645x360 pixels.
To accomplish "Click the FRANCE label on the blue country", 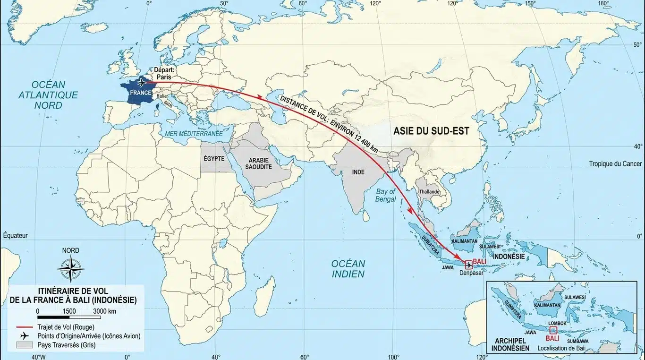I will point(141,94).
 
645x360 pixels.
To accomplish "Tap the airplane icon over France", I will point(141,83).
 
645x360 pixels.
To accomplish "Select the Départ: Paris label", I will point(165,73).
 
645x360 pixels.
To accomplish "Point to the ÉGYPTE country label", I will point(213,159).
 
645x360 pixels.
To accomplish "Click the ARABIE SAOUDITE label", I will point(258,164).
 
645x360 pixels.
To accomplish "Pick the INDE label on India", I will point(358,172).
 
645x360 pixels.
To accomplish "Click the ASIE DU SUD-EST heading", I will point(431,132).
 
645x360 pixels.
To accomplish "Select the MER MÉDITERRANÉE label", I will point(194,134).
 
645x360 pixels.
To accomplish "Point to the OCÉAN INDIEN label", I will point(348,268).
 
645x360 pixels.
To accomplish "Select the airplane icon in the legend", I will point(25,336).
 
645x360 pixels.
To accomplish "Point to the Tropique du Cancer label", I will point(615,164).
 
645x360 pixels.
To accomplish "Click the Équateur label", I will point(16,235).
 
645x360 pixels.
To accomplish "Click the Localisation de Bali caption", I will point(561,348).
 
